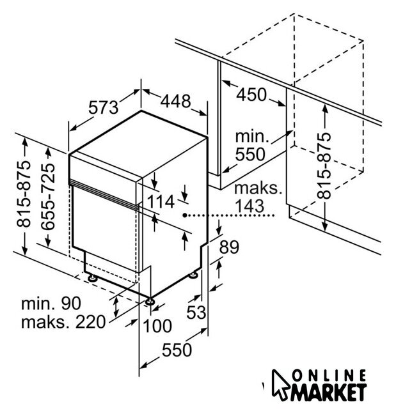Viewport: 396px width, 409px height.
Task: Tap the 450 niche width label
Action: click(x=251, y=95)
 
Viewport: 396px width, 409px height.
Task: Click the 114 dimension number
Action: click(x=160, y=203)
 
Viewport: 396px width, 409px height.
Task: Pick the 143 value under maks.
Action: click(x=251, y=206)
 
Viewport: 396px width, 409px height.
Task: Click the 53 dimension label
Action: click(x=198, y=314)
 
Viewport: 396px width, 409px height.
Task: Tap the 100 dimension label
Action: click(x=157, y=326)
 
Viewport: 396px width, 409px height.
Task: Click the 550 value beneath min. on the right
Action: click(x=251, y=154)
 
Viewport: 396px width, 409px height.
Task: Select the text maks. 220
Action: click(x=62, y=321)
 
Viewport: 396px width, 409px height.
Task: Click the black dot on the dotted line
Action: click(x=184, y=216)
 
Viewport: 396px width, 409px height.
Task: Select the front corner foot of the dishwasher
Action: click(x=150, y=301)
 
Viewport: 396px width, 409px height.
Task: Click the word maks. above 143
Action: click(x=258, y=189)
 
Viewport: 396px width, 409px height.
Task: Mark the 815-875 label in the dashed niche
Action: click(x=326, y=166)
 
